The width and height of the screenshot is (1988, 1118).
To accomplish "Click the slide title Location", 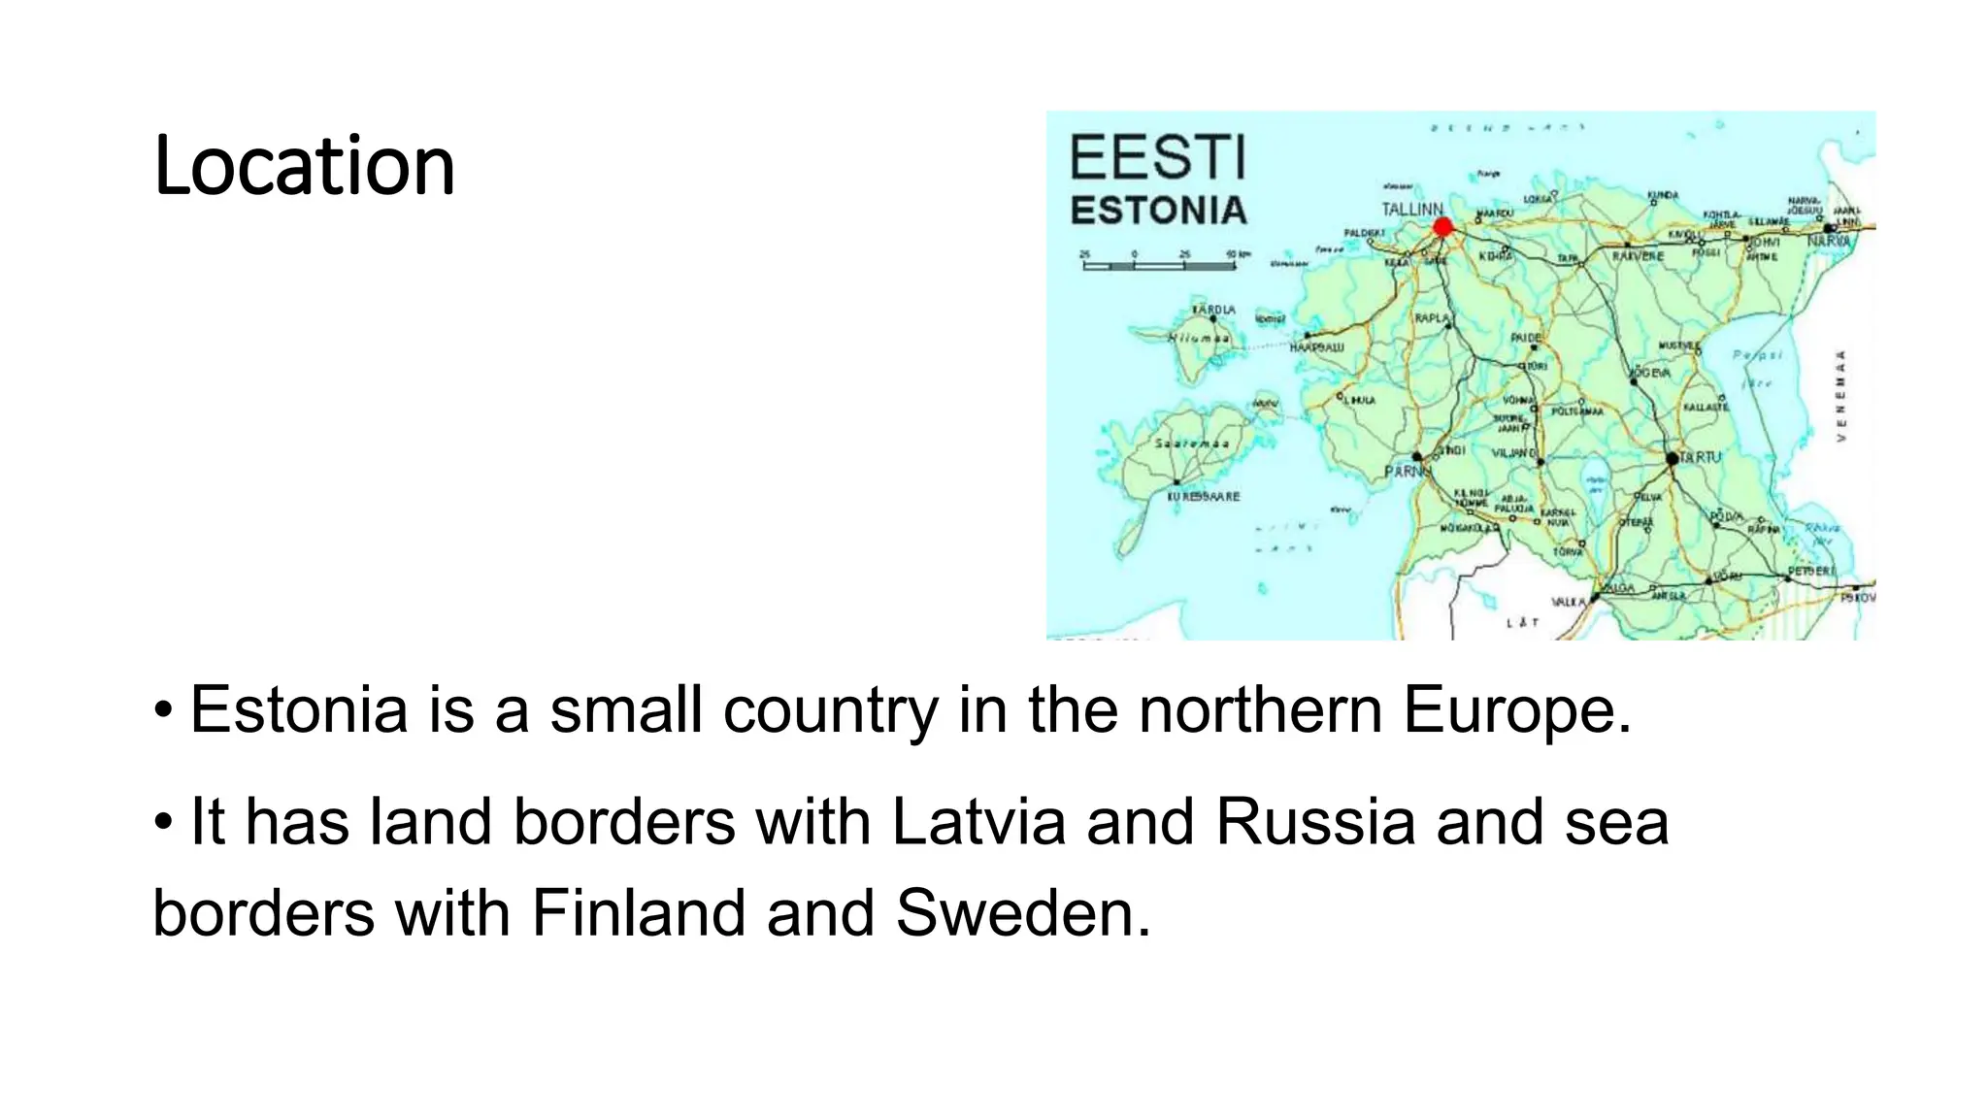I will tap(304, 166).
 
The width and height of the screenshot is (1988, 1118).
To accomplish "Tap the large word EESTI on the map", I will tap(1157, 158).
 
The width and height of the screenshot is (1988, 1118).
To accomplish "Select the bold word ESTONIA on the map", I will tap(1158, 211).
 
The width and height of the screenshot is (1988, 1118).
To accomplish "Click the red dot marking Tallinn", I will tap(1442, 227).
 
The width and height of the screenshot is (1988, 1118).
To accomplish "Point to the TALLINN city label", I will tap(1412, 209).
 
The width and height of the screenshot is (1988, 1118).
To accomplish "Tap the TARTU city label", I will tap(1700, 457).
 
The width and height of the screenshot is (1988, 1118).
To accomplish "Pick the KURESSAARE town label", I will tap(1203, 497).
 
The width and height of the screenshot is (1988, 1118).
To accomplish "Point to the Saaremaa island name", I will tap(1192, 444).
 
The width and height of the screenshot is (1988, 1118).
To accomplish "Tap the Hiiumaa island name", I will tap(1199, 338).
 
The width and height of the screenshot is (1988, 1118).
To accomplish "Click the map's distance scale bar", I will tap(1159, 263).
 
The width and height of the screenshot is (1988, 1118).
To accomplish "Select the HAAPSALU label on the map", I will tap(1316, 346).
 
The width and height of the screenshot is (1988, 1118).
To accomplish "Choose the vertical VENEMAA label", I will tap(1840, 396).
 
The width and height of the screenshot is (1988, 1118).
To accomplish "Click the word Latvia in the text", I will tap(978, 822).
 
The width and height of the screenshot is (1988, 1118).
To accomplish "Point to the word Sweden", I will tap(1022, 913).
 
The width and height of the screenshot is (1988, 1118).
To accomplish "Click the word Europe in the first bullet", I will tap(1517, 709).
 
